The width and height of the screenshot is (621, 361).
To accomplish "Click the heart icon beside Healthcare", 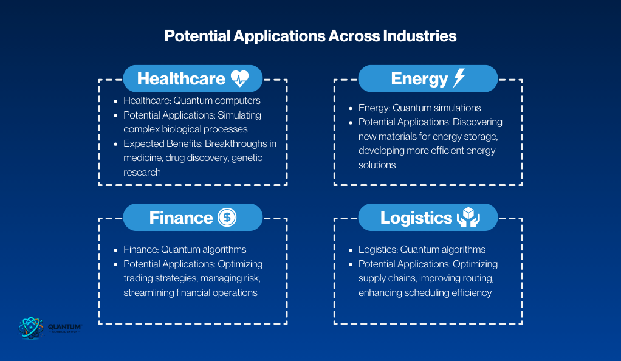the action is pyautogui.click(x=239, y=78).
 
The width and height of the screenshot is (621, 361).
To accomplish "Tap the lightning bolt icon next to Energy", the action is pyautogui.click(x=459, y=78).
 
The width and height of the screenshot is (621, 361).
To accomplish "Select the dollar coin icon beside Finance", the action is pyautogui.click(x=227, y=217).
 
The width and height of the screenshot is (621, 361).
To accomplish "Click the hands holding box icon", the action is pyautogui.click(x=468, y=217).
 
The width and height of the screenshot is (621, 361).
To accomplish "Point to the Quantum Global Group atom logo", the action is pyautogui.click(x=30, y=328).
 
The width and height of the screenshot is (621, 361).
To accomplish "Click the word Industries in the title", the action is pyautogui.click(x=419, y=36).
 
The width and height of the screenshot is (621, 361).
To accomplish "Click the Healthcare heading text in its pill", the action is pyautogui.click(x=181, y=78).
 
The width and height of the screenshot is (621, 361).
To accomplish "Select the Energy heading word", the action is pyautogui.click(x=419, y=79).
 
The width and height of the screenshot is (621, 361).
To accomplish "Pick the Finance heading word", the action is pyautogui.click(x=181, y=218).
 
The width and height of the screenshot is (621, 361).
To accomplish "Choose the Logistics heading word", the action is pyautogui.click(x=416, y=218).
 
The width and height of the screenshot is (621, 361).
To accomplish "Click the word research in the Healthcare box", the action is pyautogui.click(x=142, y=173).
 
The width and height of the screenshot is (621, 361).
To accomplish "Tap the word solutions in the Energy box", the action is pyautogui.click(x=377, y=165).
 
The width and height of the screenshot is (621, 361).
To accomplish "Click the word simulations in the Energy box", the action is pyautogui.click(x=456, y=108).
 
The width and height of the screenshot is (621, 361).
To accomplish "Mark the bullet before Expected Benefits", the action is pyautogui.click(x=115, y=144).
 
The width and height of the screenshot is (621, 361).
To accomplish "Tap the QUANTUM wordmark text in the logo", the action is pyautogui.click(x=64, y=327).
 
